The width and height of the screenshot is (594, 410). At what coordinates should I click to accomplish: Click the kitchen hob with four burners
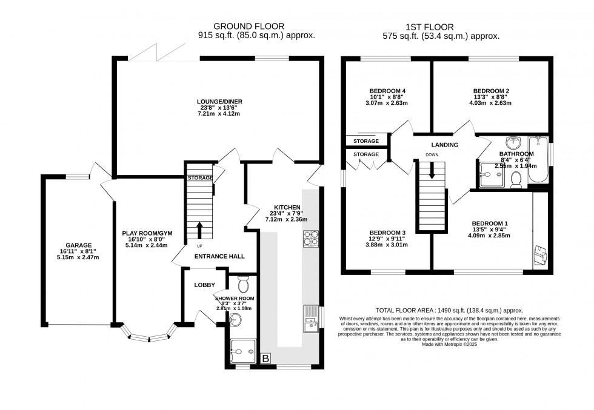311,239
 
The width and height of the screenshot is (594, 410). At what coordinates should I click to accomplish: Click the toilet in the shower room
244,285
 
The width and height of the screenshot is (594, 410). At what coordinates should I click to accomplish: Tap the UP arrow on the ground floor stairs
199,231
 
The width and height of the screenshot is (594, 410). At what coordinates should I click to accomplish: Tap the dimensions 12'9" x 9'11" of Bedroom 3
388,239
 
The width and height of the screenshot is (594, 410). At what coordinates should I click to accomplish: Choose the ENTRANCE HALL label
219,256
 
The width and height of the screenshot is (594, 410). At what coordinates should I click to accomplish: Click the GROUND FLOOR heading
249,26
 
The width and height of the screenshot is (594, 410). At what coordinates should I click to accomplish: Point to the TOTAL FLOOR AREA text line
449,309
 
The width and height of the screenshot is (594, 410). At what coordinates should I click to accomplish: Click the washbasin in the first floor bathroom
514,142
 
